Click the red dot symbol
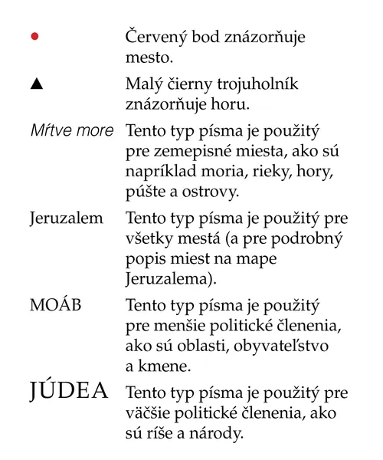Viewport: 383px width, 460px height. [x=34, y=37]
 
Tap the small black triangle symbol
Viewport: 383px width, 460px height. [x=35, y=84]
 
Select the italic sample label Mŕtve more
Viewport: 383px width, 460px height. [x=71, y=130]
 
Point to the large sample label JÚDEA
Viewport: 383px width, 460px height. [x=70, y=394]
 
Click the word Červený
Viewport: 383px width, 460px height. [x=156, y=37]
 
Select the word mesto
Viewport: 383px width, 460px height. [x=148, y=56]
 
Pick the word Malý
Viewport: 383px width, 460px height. [x=143, y=84]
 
